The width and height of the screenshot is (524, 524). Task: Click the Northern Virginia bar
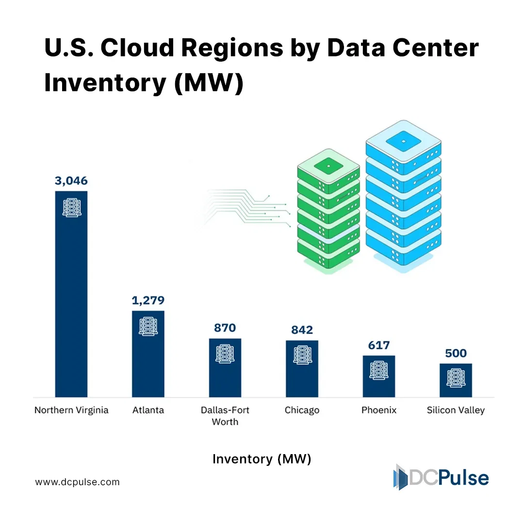click(71, 294)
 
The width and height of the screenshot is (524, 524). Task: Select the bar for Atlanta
click(148, 354)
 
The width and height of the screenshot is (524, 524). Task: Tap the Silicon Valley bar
click(456, 380)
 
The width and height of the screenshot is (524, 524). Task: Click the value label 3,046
click(71, 181)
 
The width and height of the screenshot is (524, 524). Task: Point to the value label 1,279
click(148, 300)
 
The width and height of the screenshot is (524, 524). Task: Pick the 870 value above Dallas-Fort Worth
click(225, 328)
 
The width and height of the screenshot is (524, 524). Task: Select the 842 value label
click(302, 330)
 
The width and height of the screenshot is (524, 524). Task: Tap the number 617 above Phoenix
click(379, 345)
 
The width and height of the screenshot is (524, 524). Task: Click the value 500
click(456, 353)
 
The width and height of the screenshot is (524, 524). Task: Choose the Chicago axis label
click(302, 410)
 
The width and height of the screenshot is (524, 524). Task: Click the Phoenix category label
click(379, 410)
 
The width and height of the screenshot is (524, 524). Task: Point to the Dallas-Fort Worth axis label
click(225, 416)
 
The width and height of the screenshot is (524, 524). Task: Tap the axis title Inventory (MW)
click(262, 459)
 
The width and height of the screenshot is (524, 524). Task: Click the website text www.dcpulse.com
click(77, 482)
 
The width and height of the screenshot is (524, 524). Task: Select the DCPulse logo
click(441, 477)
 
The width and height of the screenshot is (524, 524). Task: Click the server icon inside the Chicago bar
click(302, 355)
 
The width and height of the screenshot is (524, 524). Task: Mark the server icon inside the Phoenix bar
click(379, 370)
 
